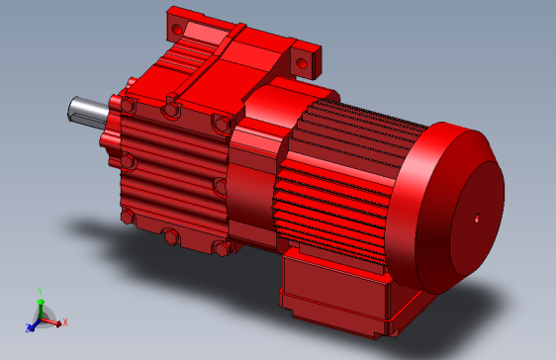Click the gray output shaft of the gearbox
coord(87,111)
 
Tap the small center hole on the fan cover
coord(476,215)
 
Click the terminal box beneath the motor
coord(336,288)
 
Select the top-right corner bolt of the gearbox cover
coord(220,124)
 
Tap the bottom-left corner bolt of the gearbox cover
coord(126,215)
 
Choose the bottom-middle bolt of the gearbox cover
coord(170,235)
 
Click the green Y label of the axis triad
coord(40,291)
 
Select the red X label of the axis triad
coord(65,321)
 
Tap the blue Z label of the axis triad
coord(27,327)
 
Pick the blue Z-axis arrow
coord(33,323)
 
